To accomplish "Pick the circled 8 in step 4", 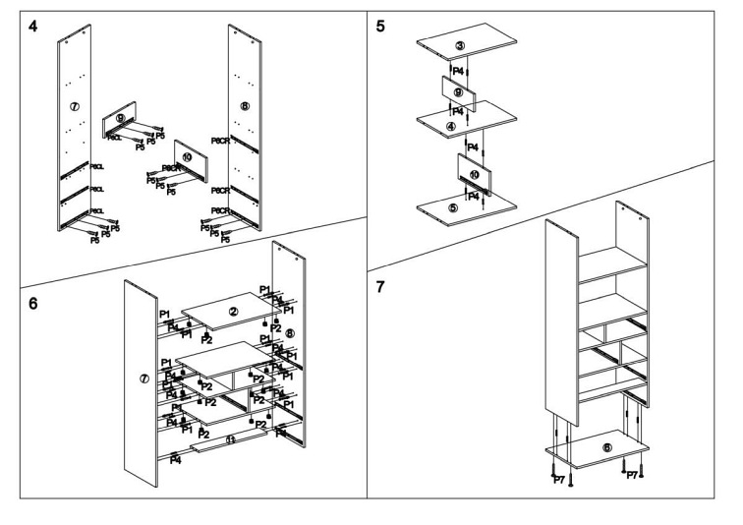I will click(x=245, y=105).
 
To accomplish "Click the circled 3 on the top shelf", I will click(x=460, y=46).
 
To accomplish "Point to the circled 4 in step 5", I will click(x=450, y=126).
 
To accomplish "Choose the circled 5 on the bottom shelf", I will click(x=452, y=208).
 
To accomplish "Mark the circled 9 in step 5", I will click(x=458, y=92).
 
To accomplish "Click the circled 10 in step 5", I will click(x=474, y=174).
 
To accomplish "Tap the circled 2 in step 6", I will click(x=232, y=312).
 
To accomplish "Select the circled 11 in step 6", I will click(x=230, y=440).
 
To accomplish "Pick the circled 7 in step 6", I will click(x=144, y=379).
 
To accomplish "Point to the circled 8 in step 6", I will click(x=289, y=333).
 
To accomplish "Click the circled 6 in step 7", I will click(x=606, y=447).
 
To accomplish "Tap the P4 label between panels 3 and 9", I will click(x=458, y=71).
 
